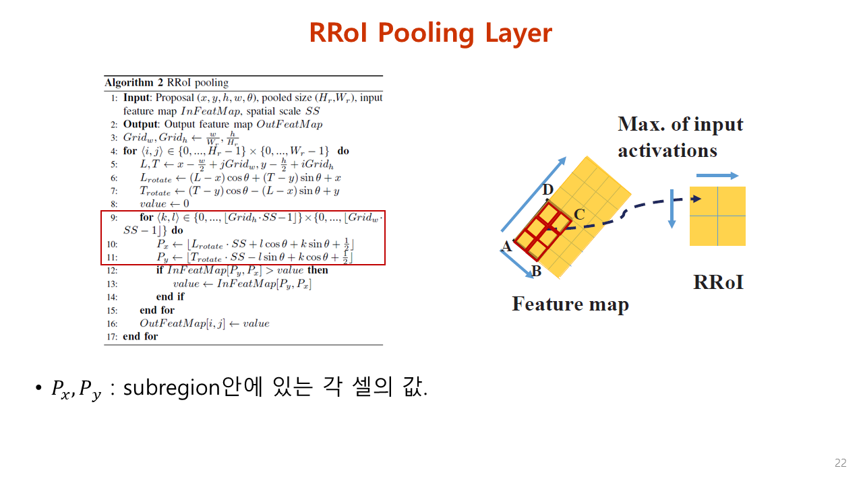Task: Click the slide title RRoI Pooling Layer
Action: click(431, 32)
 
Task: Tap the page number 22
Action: click(840, 463)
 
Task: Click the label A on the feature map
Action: click(507, 247)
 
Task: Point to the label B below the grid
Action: click(537, 271)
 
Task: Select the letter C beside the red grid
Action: click(578, 215)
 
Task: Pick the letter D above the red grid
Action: click(547, 191)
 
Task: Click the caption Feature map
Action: click(570, 304)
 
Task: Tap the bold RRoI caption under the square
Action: click(718, 282)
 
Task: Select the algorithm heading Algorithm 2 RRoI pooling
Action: click(167, 83)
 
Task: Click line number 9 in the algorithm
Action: click(114, 218)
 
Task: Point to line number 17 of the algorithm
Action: click(112, 336)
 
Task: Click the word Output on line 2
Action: click(140, 124)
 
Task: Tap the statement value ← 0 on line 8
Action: click(165, 203)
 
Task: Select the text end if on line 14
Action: click(170, 296)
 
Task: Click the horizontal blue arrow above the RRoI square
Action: click(717, 175)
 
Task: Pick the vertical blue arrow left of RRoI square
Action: click(672, 209)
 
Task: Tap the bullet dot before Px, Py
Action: click(38, 389)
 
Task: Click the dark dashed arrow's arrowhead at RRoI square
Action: click(696, 199)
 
